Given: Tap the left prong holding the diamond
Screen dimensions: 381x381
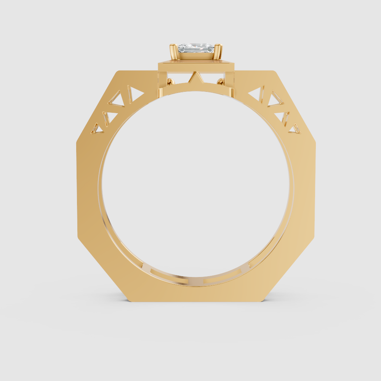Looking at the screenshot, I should click(x=173, y=52).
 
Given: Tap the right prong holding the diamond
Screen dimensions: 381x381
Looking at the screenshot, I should click(x=219, y=52).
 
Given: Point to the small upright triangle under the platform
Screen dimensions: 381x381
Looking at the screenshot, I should click(x=196, y=78).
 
